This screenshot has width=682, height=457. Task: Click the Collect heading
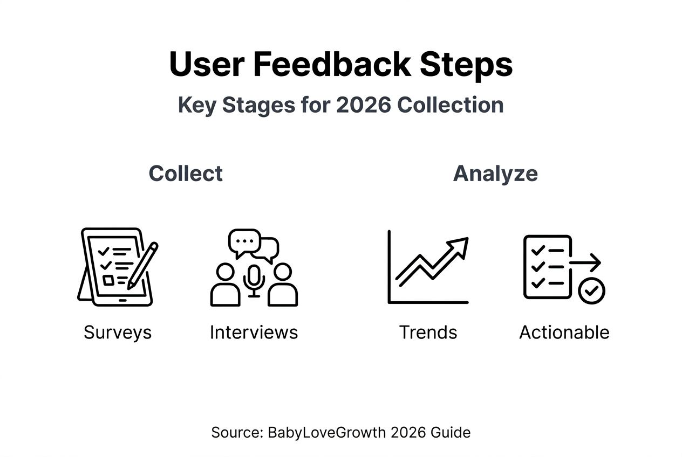(186, 174)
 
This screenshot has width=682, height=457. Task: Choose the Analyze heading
(495, 174)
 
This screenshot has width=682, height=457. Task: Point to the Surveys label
(118, 332)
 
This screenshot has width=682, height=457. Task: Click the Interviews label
(254, 332)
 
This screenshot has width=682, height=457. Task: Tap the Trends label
(428, 332)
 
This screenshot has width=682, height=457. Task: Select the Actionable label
(564, 332)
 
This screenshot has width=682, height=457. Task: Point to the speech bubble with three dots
(244, 240)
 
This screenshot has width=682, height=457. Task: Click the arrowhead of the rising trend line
(460, 245)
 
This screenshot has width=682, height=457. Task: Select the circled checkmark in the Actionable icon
(591, 291)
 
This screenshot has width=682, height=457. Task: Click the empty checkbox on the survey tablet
(108, 280)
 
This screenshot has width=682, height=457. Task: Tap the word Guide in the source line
(454, 432)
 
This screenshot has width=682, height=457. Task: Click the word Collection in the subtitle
(451, 105)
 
